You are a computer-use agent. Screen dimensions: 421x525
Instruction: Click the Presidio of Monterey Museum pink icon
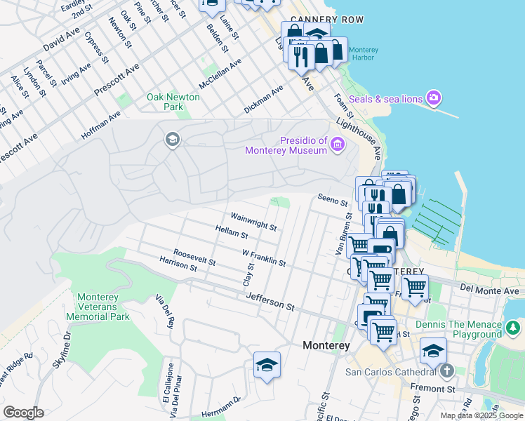click(338, 145)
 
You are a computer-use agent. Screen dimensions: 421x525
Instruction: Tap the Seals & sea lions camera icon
click(433, 98)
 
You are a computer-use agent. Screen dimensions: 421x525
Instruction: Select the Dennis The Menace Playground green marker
click(514, 328)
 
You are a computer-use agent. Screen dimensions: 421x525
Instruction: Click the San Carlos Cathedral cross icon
click(446, 370)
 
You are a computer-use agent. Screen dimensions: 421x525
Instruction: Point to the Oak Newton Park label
click(173, 102)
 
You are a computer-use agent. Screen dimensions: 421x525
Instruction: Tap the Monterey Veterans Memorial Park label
click(98, 307)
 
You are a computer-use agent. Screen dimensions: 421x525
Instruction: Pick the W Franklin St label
click(263, 258)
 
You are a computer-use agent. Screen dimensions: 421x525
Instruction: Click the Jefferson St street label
click(270, 302)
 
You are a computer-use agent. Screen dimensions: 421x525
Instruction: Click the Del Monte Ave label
click(490, 290)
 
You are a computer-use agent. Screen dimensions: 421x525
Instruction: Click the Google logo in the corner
click(23, 413)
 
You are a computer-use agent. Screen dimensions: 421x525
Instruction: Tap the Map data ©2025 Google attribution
click(481, 415)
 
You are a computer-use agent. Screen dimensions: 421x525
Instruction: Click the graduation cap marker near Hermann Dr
click(267, 366)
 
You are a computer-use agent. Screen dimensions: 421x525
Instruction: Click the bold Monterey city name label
click(326, 345)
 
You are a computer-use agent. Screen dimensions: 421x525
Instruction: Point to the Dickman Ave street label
click(263, 100)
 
